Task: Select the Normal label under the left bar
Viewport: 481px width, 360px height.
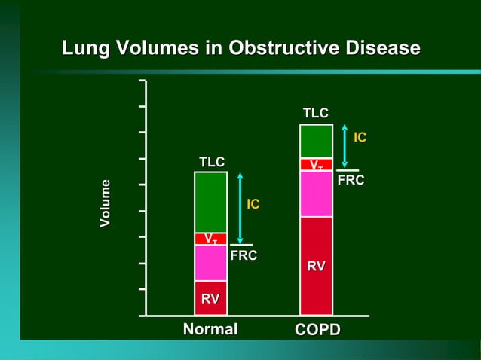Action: pyautogui.click(x=210, y=329)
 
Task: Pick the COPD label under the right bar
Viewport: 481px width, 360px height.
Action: pyautogui.click(x=317, y=330)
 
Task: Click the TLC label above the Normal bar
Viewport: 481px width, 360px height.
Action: pyautogui.click(x=211, y=162)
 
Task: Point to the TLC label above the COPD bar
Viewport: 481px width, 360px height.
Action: pyautogui.click(x=315, y=113)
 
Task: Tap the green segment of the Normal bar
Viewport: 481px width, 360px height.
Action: pyautogui.click(x=210, y=202)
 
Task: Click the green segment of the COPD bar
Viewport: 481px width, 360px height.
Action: pyautogui.click(x=316, y=141)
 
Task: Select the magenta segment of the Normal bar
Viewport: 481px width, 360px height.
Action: pyautogui.click(x=210, y=262)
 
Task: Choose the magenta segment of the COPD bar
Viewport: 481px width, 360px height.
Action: pyautogui.click(x=316, y=194)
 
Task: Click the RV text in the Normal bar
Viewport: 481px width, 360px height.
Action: pyautogui.click(x=210, y=299)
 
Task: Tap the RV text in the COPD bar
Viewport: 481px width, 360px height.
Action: pyautogui.click(x=316, y=266)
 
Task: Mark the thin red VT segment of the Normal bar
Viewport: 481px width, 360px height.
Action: pyautogui.click(x=210, y=239)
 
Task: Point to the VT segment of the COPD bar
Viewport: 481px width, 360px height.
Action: pyautogui.click(x=316, y=164)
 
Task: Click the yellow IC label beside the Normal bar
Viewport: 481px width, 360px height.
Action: pyautogui.click(x=253, y=204)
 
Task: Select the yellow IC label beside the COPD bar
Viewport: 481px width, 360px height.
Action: pyautogui.click(x=360, y=137)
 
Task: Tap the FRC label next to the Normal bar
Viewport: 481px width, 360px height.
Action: pyautogui.click(x=244, y=256)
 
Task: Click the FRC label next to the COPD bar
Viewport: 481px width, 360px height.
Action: pyautogui.click(x=351, y=182)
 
